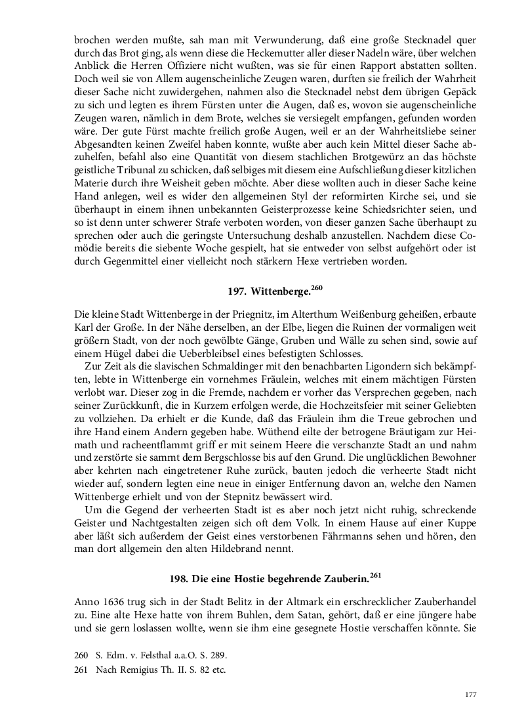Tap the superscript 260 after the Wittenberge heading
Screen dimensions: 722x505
316,287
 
